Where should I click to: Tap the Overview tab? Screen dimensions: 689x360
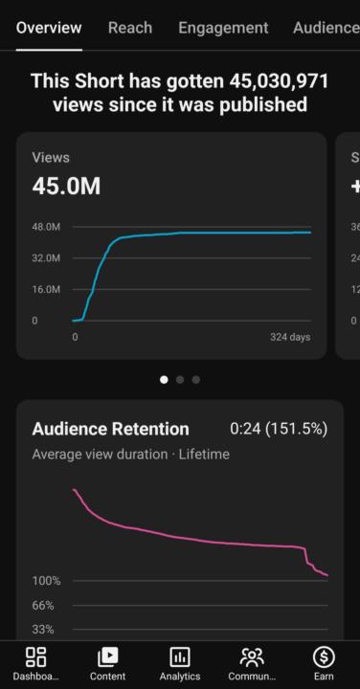coord(49,28)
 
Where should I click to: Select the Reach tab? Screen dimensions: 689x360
coord(129,28)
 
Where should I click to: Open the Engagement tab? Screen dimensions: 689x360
coord(223,28)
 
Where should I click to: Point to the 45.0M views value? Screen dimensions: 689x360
coord(66,186)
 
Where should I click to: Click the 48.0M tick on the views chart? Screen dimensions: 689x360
coord(46,228)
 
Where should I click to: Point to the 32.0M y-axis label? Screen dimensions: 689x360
coord(46,258)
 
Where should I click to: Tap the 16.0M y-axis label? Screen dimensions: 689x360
coord(46,289)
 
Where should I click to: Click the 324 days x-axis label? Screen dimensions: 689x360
coord(289,338)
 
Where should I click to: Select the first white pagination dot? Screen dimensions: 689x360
coord(164,380)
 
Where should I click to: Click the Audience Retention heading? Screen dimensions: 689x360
coord(110,429)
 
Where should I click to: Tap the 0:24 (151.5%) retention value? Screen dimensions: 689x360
coord(279,429)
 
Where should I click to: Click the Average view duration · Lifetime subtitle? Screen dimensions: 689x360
coord(130,455)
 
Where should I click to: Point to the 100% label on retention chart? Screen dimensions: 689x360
coord(46,581)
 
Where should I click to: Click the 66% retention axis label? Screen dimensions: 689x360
coord(43,606)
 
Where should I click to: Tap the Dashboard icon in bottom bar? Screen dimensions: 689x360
coord(35,656)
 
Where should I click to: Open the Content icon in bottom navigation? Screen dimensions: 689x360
coord(107,656)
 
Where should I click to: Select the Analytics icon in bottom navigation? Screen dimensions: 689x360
coord(180,656)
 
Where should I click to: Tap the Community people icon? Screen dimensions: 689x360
coord(252,656)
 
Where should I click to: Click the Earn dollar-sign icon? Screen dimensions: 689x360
coord(324,656)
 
